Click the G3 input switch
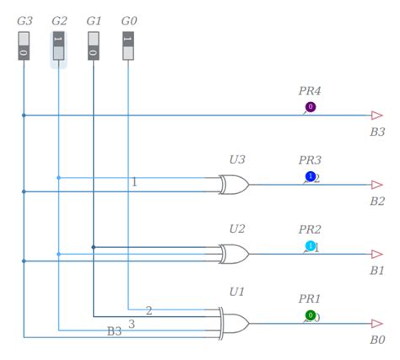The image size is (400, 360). tap(24, 46)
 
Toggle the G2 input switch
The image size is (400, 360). tap(58, 46)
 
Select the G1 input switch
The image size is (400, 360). tap(93, 46)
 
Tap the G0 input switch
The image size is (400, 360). tap(127, 46)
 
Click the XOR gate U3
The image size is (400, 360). tap(233, 184)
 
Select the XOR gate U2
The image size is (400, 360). tap(233, 254)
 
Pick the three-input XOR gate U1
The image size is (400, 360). tap(234, 324)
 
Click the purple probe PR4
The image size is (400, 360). tap(311, 107)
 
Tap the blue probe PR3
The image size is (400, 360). tap(311, 176)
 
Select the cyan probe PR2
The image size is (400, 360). tap(311, 246)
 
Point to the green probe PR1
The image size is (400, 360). tap(311, 316)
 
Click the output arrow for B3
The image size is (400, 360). tap(377, 115)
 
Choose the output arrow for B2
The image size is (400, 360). tap(377, 185)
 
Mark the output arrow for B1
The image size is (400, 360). tap(377, 254)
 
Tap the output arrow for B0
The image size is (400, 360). tap(377, 324)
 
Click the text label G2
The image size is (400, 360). tap(59, 19)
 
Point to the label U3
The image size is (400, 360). tap(237, 159)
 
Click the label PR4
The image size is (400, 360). tap(310, 90)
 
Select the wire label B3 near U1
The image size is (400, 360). tap(114, 331)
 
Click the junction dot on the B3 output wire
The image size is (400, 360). tap(24, 115)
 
